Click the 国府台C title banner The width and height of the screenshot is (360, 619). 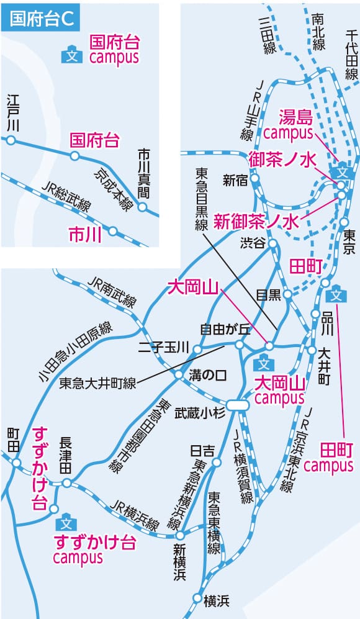coord(40,18)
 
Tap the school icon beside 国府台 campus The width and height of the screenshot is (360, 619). coord(72,55)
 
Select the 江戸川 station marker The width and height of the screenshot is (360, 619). coord(11,140)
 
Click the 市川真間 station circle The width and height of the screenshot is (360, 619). coord(142,207)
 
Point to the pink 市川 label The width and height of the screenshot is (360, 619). coord(85,235)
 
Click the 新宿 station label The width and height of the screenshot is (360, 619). coord(235,181)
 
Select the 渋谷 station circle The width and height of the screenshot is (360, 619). coord(272,243)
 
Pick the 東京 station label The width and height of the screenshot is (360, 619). coord(349,241)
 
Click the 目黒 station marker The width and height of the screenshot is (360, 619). coord(288,294)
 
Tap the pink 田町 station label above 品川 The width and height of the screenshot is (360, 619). coord(306,267)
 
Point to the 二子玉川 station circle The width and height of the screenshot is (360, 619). coord(197,349)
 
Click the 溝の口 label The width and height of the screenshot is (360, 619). coord(208,375)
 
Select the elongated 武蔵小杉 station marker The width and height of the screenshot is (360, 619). coord(238,405)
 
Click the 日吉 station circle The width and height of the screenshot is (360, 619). coord(217,463)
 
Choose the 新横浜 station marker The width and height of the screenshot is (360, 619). coord(180,535)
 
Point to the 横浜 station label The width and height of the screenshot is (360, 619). coord(217,601)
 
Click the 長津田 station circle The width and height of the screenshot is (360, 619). coord(66,483)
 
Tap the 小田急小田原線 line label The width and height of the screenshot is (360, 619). coord(75,352)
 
